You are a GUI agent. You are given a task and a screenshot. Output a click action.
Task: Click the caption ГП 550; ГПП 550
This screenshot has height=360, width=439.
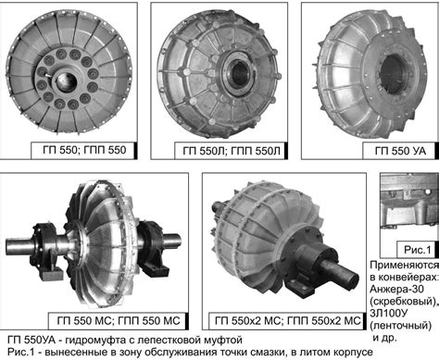tap(84, 150)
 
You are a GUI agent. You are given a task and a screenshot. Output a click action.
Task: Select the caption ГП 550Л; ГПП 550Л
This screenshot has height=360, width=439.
tap(232, 151)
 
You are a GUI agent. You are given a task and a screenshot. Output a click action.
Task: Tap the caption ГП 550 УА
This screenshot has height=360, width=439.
tap(400, 151)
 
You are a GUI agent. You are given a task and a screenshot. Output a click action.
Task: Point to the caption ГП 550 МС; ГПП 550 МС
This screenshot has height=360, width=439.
tap(119, 320)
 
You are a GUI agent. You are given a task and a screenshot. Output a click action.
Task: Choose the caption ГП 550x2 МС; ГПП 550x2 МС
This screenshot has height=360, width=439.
tap(287, 320)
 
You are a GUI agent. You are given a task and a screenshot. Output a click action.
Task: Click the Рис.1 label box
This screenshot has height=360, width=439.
tap(417, 249)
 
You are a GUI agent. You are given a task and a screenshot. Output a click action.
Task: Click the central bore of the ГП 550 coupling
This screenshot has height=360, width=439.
tap(67, 82)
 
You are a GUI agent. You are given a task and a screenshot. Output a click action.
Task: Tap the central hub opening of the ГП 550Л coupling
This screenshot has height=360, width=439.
tap(239, 73)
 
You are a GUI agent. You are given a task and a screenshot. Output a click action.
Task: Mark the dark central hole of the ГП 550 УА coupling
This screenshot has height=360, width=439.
tap(393, 73)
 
